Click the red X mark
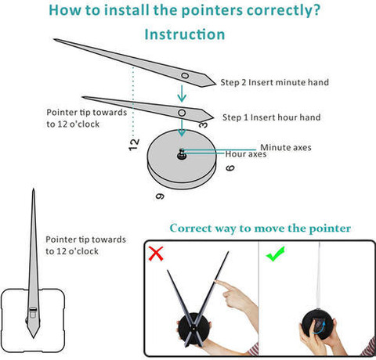coord(156,254)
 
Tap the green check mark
coord(276,254)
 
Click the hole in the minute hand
coord(185,76)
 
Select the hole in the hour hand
coord(182,113)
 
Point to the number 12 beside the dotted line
coord(134,145)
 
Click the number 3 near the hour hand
coord(204,124)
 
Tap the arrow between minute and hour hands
coord(182,93)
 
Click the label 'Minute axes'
coord(286,147)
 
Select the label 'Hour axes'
coord(246,154)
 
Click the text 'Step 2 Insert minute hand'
coord(274,82)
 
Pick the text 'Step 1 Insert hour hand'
coord(271,117)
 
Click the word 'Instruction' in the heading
coord(185,34)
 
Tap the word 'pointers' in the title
coord(212,10)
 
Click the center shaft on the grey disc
coord(182,154)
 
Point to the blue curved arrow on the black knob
coord(319,328)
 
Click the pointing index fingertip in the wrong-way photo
coord(216,282)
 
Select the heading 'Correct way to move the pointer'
coord(260,229)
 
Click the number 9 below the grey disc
coord(160,196)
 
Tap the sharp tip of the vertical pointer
coord(34,189)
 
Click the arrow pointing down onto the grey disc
coord(182,128)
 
